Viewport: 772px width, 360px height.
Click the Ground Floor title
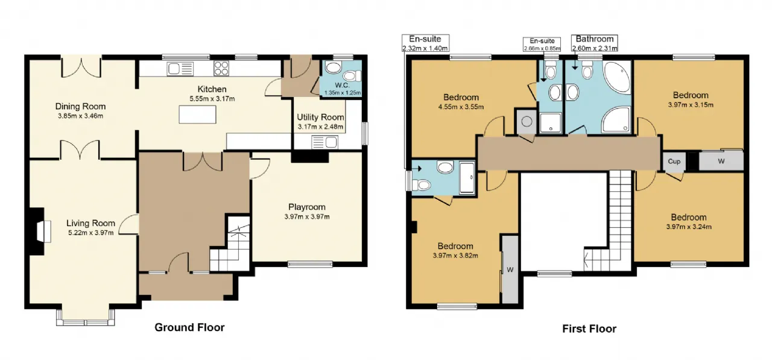coord(189,327)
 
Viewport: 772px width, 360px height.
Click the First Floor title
coord(589,329)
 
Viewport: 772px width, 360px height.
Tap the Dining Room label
coord(80,107)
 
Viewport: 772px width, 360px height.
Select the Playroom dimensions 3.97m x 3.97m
coord(307,216)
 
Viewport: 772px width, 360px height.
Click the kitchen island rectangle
coord(197,115)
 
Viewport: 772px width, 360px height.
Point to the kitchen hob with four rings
coord(221,68)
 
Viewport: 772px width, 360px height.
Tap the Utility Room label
coord(320,117)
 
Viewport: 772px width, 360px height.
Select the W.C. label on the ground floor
coord(342,85)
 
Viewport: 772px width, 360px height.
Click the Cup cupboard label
coord(674,161)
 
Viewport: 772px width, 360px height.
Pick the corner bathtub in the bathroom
coord(618,77)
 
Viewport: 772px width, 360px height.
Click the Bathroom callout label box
coord(595,43)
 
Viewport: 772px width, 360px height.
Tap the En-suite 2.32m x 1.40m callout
coord(425,43)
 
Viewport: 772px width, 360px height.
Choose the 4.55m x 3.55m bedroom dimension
coord(461,107)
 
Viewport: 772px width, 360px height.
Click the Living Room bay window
coord(86,317)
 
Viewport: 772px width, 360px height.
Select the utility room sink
coord(324,142)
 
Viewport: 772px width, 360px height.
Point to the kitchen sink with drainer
coord(180,69)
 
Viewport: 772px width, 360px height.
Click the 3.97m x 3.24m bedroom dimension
coord(689,227)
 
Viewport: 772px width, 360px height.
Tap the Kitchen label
coord(212,89)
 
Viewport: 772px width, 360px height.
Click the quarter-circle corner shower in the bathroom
coord(616,119)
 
